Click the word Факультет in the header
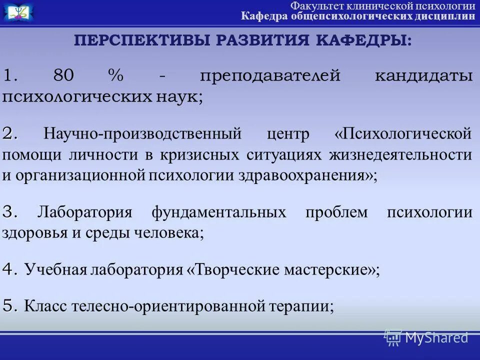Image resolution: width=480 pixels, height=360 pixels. (x=314, y=6)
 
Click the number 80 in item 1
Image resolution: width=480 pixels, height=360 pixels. (x=63, y=76)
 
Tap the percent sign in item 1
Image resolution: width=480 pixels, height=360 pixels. (x=115, y=76)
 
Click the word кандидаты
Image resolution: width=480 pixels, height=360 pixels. (x=423, y=77)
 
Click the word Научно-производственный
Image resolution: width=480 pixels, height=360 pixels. (x=142, y=134)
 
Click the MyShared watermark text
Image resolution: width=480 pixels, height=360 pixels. (x=435, y=338)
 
